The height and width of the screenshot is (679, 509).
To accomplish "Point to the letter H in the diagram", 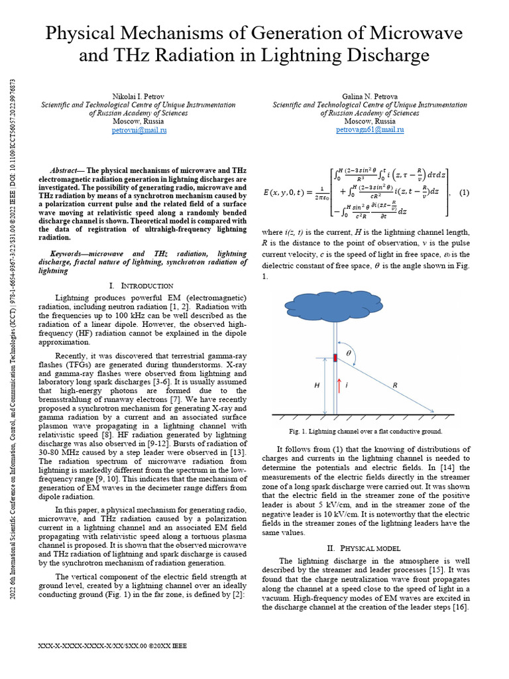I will point(317,385).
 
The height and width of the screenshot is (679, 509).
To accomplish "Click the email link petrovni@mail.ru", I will point(139,131).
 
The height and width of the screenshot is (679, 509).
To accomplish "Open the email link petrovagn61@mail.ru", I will point(370,131).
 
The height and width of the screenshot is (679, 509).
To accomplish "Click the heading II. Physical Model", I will point(369,548).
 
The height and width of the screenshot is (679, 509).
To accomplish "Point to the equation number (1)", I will point(464,193).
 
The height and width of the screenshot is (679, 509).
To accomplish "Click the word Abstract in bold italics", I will point(68,170).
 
